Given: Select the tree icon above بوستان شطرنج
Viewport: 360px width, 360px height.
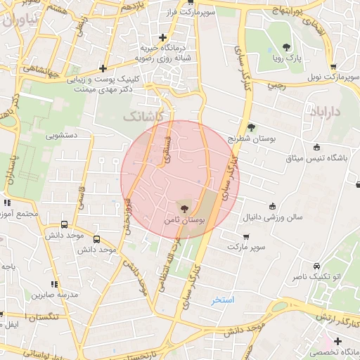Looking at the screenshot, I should coord(251,127).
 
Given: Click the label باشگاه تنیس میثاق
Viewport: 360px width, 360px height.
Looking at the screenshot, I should coord(316,158).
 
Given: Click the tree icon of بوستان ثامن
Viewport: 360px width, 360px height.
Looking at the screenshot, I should coord(184,208).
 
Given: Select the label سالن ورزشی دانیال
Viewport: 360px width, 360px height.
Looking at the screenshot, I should coord(274,217).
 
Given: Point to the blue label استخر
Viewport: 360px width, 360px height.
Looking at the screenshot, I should coord(222,300).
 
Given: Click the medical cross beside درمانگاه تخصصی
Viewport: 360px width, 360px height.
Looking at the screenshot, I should coord(338,341).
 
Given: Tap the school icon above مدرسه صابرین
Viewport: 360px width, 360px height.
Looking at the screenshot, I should coord(54,284).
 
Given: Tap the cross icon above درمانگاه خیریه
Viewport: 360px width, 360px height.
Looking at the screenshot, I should coord(162,37).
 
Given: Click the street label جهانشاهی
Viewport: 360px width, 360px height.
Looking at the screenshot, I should coord(39,69).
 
